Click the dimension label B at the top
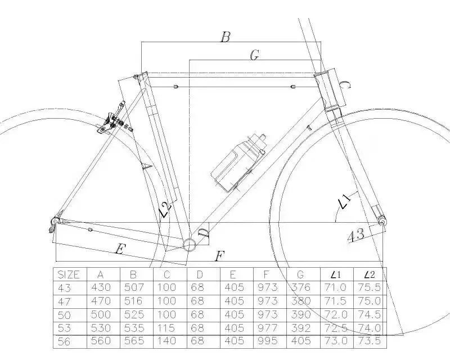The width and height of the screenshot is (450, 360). point(225,37)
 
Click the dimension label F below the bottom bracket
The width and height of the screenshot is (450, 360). point(220,256)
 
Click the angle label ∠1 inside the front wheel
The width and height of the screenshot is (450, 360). point(344,201)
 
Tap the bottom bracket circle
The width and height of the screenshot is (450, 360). point(190,243)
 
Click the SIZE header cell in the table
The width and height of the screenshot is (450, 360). point(69,274)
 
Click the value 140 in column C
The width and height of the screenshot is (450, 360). point(166,341)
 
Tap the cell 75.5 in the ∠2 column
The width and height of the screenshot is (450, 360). point(370,287)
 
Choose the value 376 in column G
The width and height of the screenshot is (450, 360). point(302,287)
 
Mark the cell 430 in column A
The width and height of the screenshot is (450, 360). point(101,287)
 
